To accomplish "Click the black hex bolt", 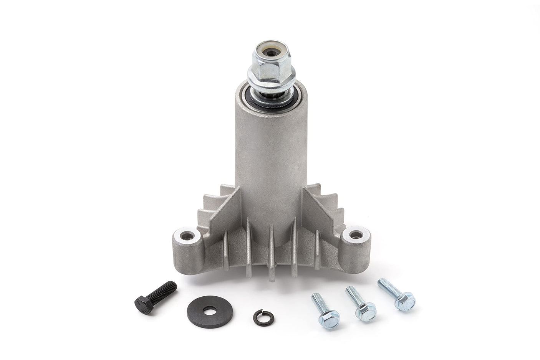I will (156, 297).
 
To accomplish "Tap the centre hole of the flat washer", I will (209, 310).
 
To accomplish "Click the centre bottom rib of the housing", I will (271, 253).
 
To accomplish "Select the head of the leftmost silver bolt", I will (330, 319).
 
